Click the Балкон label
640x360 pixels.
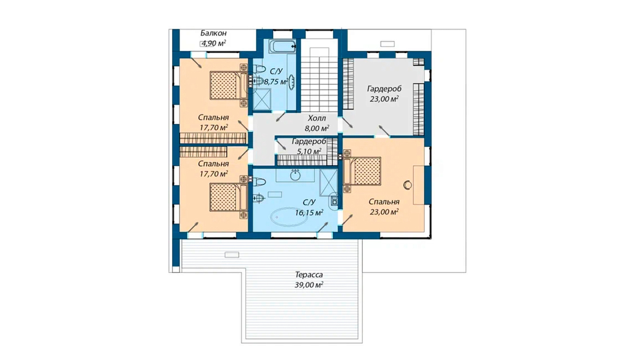click(x=214, y=33)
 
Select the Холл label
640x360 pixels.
click(x=316, y=118)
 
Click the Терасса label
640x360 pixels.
click(x=309, y=275)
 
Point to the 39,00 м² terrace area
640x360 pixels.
click(x=309, y=285)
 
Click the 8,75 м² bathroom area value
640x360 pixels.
click(x=276, y=82)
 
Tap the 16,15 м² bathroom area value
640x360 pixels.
click(x=309, y=213)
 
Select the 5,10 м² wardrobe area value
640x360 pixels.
click(x=309, y=151)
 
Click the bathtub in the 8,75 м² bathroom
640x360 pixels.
click(x=283, y=46)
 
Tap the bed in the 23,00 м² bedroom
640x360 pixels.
click(x=362, y=171)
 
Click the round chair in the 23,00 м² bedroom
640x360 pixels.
click(x=408, y=185)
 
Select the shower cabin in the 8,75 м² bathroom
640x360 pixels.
click(x=262, y=99)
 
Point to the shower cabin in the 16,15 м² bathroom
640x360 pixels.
click(x=328, y=182)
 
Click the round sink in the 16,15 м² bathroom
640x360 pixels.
click(x=295, y=175)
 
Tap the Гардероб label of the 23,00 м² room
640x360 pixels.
click(x=384, y=89)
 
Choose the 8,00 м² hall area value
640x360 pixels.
click(x=316, y=128)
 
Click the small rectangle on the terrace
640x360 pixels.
click(x=232, y=255)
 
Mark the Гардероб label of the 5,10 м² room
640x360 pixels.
click(x=309, y=141)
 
